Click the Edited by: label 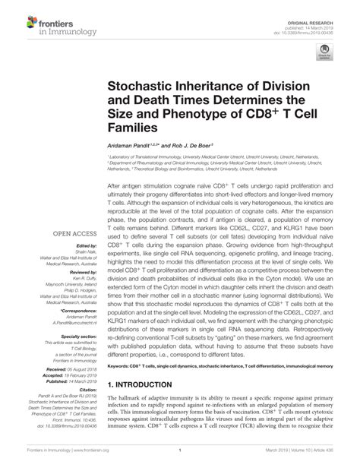tap(85, 246)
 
